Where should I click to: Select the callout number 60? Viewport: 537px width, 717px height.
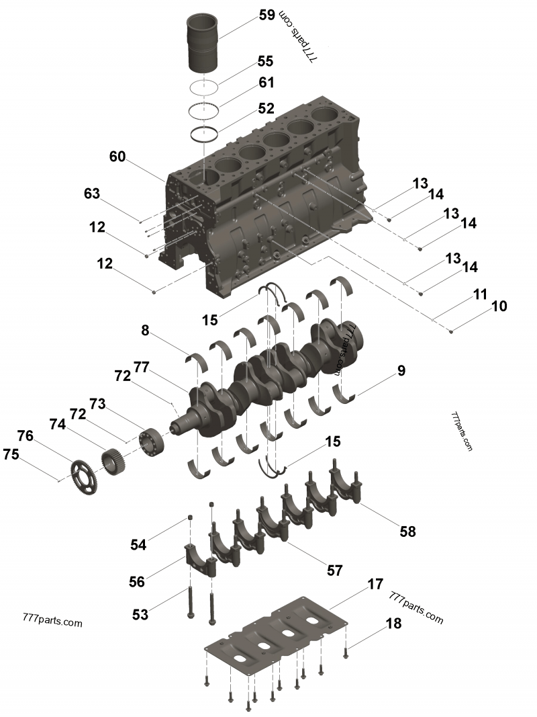click(x=117, y=157)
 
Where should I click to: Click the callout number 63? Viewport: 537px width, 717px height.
click(x=92, y=194)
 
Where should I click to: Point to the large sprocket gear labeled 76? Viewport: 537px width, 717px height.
click(x=83, y=468)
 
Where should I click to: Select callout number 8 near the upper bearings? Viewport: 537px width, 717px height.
click(x=144, y=330)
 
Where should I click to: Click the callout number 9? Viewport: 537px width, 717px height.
click(x=401, y=370)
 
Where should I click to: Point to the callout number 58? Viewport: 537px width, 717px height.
click(x=407, y=532)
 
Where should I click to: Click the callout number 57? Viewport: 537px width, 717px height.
click(x=334, y=571)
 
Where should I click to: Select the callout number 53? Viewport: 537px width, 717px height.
click(x=140, y=614)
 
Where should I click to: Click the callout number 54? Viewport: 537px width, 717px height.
click(x=138, y=545)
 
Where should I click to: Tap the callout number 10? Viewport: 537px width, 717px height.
click(x=499, y=306)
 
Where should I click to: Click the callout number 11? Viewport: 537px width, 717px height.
click(x=480, y=294)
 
